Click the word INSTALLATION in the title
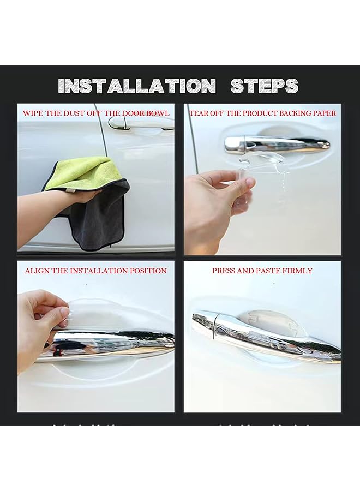[136, 86]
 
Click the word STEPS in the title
[264, 86]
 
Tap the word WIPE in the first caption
[33, 113]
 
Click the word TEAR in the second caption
[199, 113]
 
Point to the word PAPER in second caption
[323, 113]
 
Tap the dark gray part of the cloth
[101, 218]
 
